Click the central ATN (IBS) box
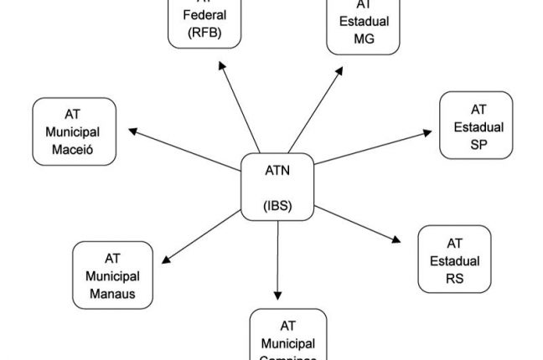(277, 187)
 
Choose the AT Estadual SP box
(476, 126)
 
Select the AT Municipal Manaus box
(113, 275)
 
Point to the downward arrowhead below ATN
(278, 295)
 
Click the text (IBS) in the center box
(277, 204)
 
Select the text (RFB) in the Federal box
(204, 33)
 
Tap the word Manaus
(112, 293)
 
